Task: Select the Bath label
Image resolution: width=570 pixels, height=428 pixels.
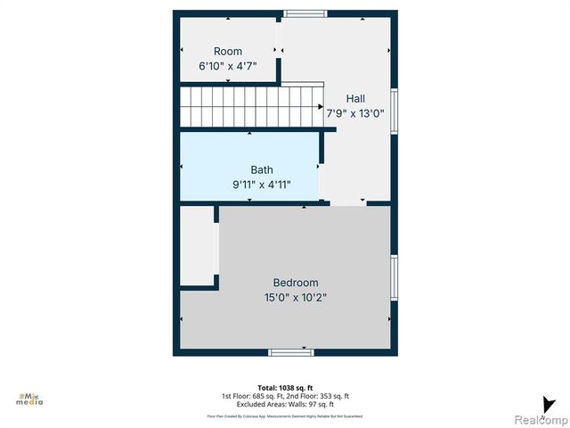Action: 262,169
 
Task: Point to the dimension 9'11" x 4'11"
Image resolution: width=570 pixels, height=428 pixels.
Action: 262,185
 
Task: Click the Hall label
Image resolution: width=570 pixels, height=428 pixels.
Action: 355,98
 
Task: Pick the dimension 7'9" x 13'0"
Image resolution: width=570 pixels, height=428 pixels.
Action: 355,113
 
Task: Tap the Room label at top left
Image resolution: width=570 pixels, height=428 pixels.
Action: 227,52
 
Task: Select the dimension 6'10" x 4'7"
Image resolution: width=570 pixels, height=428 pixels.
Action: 227,67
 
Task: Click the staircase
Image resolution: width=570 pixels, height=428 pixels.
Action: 251,106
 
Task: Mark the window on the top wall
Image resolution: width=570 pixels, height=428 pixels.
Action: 305,12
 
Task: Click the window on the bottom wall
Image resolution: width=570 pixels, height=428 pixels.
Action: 291,352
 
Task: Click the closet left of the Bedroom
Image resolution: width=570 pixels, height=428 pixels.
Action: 198,245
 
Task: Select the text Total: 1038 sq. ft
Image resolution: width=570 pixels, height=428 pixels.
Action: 285,388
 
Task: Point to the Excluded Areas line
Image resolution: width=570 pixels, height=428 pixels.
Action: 285,404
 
